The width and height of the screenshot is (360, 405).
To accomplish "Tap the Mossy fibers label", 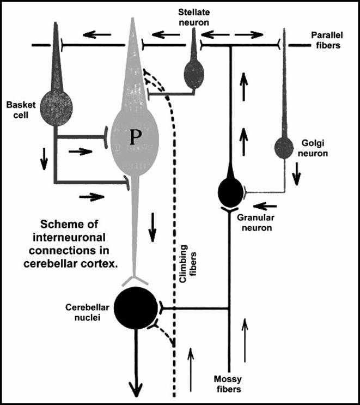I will coord(228,384).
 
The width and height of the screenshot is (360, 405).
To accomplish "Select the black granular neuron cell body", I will coord(229,192).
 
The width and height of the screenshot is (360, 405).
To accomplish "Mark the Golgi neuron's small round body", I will coord(283,147).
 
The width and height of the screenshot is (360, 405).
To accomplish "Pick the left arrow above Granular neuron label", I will coord(264,207).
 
